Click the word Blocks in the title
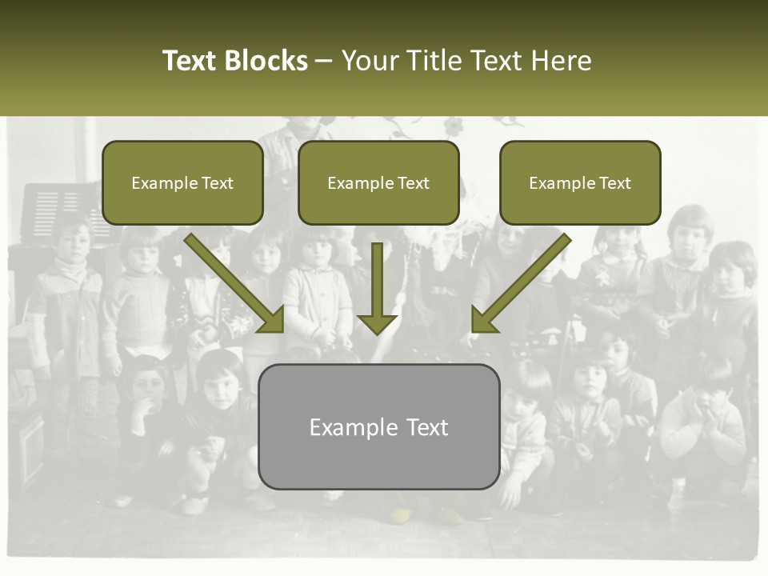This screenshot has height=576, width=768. pos(266,61)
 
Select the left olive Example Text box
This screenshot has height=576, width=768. pos(182,182)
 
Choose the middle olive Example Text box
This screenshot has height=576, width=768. pos(378,182)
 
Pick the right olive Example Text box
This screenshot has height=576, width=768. pos(580,182)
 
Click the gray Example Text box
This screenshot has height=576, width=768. pos(378,426)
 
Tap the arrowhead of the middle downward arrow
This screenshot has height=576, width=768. pos(377,322)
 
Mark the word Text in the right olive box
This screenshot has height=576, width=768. pos(614,183)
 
